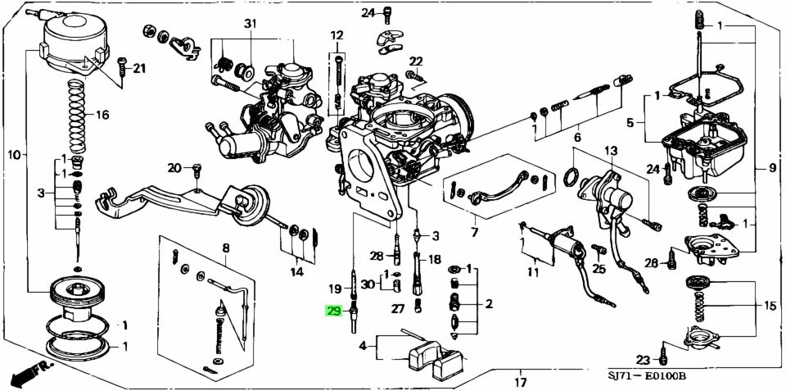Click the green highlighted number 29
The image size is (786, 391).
click(x=334, y=311)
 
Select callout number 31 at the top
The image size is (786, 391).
click(x=250, y=23)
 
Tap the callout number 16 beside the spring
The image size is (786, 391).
click(x=102, y=114)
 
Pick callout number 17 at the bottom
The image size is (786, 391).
click(x=521, y=382)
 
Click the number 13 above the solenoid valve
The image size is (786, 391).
click(x=610, y=151)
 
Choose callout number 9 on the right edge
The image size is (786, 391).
click(x=771, y=169)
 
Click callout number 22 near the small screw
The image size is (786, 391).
click(x=416, y=61)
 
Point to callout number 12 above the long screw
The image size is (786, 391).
click(x=337, y=35)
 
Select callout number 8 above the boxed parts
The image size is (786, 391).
click(x=225, y=248)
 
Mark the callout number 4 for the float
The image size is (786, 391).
click(x=363, y=346)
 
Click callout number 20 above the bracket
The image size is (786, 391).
click(x=174, y=168)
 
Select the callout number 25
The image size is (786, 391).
click(x=599, y=268)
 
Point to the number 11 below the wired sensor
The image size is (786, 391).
click(x=533, y=272)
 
